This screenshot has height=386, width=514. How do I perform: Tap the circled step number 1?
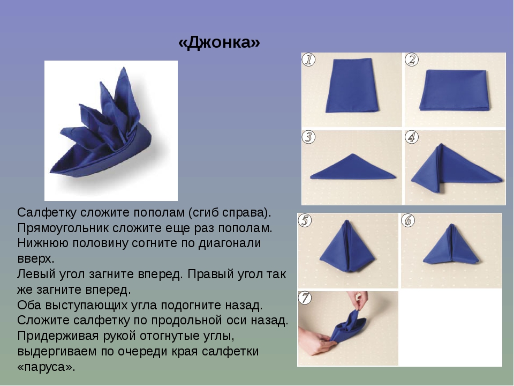(x=308, y=60)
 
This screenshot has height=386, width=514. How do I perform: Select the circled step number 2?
(x=412, y=60)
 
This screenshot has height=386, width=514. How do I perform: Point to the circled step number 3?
(x=308, y=137)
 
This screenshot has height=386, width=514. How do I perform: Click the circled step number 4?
(x=412, y=137)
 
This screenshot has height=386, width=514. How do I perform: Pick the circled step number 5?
(x=305, y=220)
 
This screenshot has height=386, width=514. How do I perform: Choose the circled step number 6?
(x=408, y=220)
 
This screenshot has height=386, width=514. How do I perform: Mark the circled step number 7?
(x=305, y=298)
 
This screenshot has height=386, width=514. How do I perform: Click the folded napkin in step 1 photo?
(x=352, y=85)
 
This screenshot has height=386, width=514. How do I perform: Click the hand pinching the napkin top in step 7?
(x=358, y=300)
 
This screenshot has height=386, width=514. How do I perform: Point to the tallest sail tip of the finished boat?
(x=124, y=68)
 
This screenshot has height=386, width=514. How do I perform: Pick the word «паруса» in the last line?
(x=47, y=367)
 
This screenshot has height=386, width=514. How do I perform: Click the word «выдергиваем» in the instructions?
(x=56, y=352)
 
